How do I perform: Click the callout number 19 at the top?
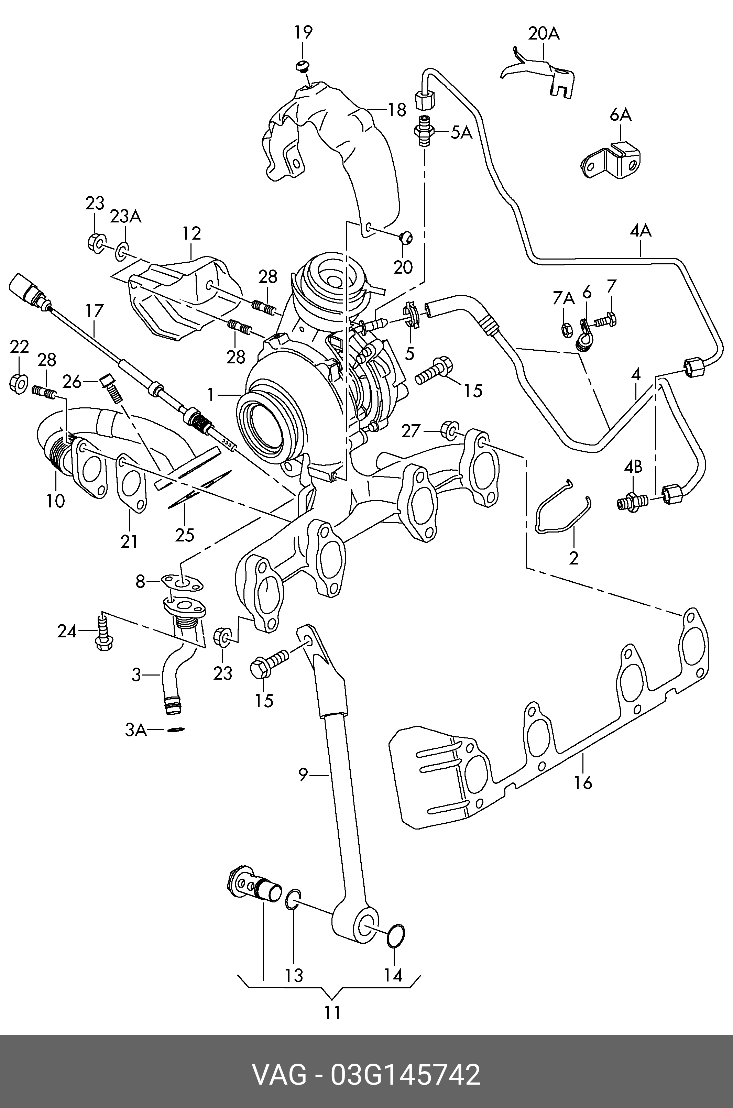point(303,33)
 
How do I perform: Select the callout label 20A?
point(544,34)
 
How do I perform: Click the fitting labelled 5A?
point(424,132)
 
